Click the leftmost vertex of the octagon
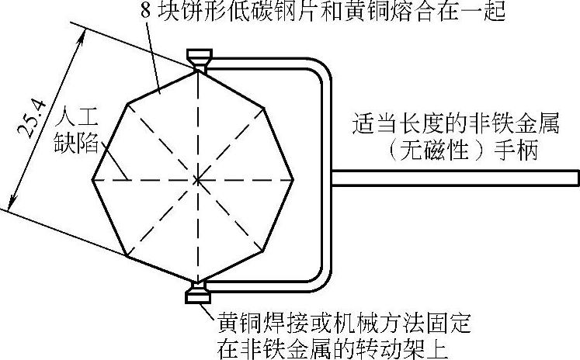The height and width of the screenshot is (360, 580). [x=93, y=180]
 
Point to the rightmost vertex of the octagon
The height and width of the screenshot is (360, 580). [x=294, y=180]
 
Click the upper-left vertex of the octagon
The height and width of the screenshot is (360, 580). [x=127, y=103]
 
